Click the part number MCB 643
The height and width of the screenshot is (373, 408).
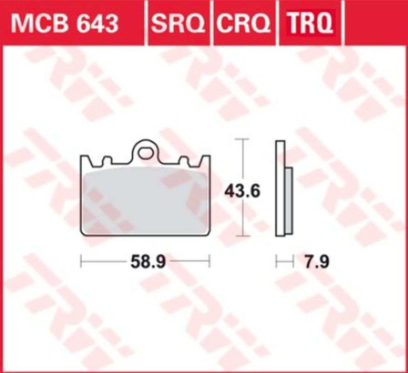point(65,23)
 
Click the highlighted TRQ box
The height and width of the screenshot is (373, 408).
point(309,23)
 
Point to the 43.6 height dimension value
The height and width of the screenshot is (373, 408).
point(242,191)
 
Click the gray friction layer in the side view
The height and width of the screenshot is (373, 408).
point(288,200)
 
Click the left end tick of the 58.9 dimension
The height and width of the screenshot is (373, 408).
point(81,262)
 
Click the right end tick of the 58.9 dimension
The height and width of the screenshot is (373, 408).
point(210,262)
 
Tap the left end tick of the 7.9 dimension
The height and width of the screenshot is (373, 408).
point(276,262)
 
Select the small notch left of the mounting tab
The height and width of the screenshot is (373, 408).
point(106,161)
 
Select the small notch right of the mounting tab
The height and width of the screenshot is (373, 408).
point(185,161)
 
